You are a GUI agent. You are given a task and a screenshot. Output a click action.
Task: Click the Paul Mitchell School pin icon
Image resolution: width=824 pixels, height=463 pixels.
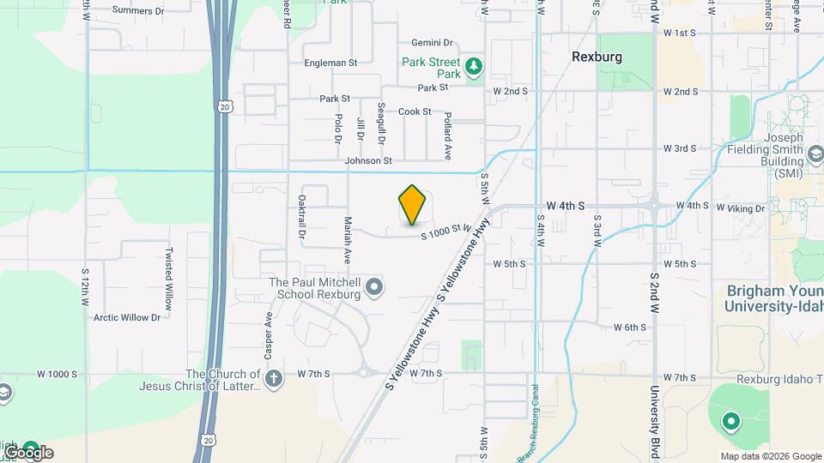(373, 287)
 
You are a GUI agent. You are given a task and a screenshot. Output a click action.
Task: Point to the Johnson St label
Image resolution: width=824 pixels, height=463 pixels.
(367, 160)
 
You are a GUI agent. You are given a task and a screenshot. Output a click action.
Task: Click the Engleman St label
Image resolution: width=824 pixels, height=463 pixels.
(330, 63)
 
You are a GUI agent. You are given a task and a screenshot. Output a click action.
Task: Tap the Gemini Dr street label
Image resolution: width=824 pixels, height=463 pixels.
(431, 42)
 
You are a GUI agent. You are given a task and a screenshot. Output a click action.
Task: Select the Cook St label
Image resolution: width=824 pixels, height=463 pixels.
(414, 111)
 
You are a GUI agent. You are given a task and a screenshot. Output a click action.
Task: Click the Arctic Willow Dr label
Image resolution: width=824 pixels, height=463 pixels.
(127, 317)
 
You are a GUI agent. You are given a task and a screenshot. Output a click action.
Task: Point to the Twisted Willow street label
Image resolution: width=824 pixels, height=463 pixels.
(169, 279)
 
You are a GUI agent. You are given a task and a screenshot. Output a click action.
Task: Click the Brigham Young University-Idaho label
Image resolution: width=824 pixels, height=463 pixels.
(773, 298)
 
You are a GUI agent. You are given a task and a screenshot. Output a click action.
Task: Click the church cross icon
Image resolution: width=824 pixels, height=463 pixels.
(273, 379)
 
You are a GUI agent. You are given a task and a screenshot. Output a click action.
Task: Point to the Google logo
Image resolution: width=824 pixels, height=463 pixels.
(28, 452)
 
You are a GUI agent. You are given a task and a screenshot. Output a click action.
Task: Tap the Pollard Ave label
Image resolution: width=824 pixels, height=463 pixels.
(447, 134)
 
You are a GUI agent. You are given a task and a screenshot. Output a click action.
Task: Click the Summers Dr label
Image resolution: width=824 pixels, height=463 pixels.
(137, 11)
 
